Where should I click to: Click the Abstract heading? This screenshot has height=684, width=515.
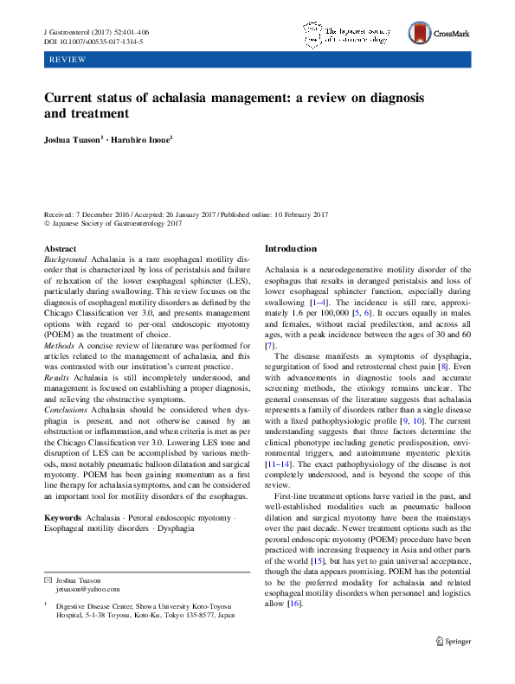point(60,248)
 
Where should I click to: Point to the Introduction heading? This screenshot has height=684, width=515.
point(293,248)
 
